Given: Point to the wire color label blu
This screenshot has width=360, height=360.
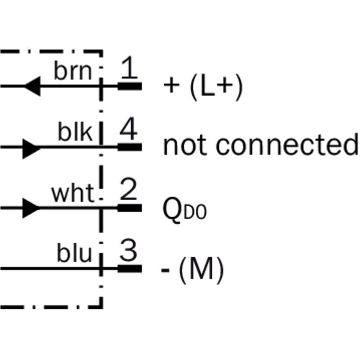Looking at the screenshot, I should coord(74,254).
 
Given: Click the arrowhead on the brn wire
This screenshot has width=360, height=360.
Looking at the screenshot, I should coord(32,85).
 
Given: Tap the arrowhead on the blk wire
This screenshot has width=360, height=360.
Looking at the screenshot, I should coord(31,147).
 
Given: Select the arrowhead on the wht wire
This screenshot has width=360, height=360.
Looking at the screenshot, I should coord(31,208).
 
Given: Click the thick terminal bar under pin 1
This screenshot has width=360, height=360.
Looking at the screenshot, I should coord(130,85).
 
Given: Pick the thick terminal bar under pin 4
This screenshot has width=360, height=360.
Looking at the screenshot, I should coord(130,147).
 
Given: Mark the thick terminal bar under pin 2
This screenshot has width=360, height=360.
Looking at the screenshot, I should coord(130,208).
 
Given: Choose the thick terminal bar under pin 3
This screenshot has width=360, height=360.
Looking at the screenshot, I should coord(130,269).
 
